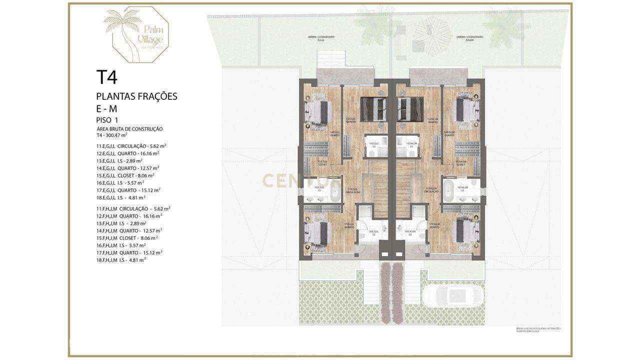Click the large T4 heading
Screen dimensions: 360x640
point(107,77)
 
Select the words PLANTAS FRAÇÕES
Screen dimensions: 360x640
point(136,96)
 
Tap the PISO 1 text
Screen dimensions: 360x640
point(107,120)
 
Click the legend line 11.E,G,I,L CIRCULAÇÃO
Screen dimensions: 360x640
point(131,146)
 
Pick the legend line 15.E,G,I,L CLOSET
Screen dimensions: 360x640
point(125,175)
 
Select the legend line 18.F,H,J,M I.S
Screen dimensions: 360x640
point(121,260)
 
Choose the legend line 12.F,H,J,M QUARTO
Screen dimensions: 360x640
point(128,216)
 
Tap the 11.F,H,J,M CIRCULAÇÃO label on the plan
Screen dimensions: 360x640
point(431,190)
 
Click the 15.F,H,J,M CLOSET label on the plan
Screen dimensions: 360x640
point(461,163)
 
